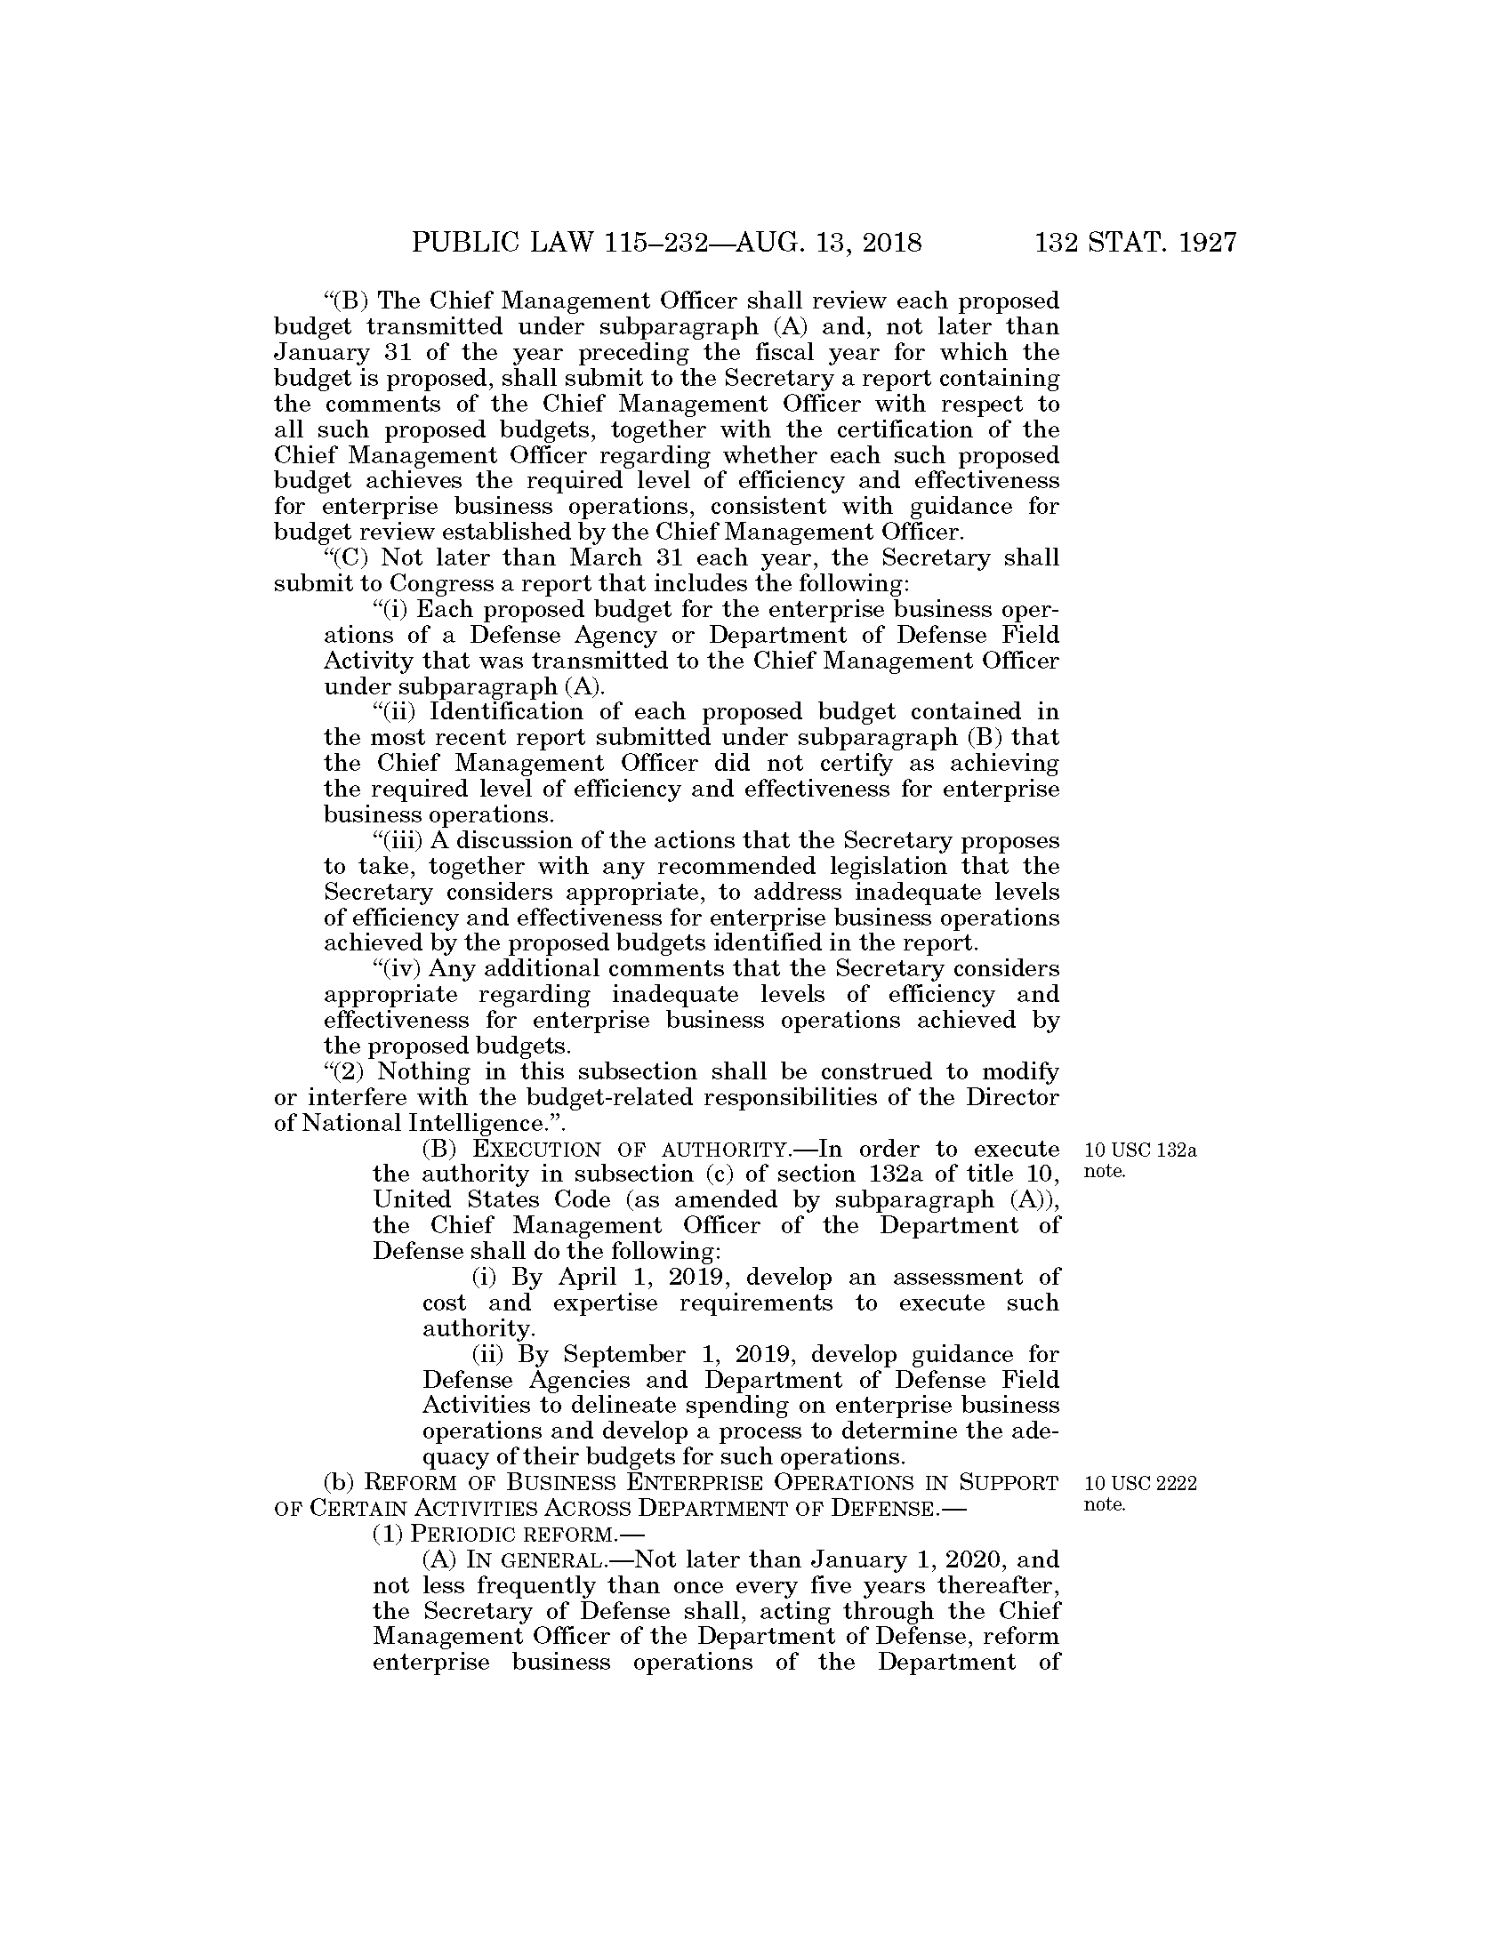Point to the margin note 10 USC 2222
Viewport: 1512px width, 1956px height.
[1140, 1484]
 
